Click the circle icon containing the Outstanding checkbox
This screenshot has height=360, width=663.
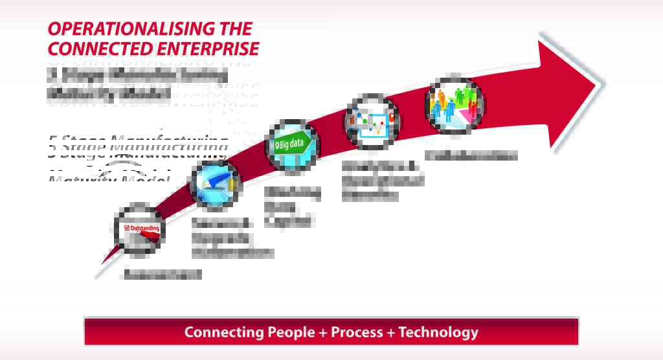(x=139, y=229)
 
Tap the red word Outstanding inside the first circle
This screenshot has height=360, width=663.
(x=144, y=229)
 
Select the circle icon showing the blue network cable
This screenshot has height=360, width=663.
(x=215, y=185)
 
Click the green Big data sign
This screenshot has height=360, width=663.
(x=292, y=144)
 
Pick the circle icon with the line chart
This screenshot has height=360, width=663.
(x=372, y=122)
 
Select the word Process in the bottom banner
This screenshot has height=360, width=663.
(x=357, y=332)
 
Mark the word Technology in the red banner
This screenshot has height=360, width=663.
(x=438, y=332)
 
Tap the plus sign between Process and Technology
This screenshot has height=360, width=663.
(x=391, y=333)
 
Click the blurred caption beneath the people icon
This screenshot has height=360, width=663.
(x=471, y=155)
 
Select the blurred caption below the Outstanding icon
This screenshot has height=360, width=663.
(x=163, y=274)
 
